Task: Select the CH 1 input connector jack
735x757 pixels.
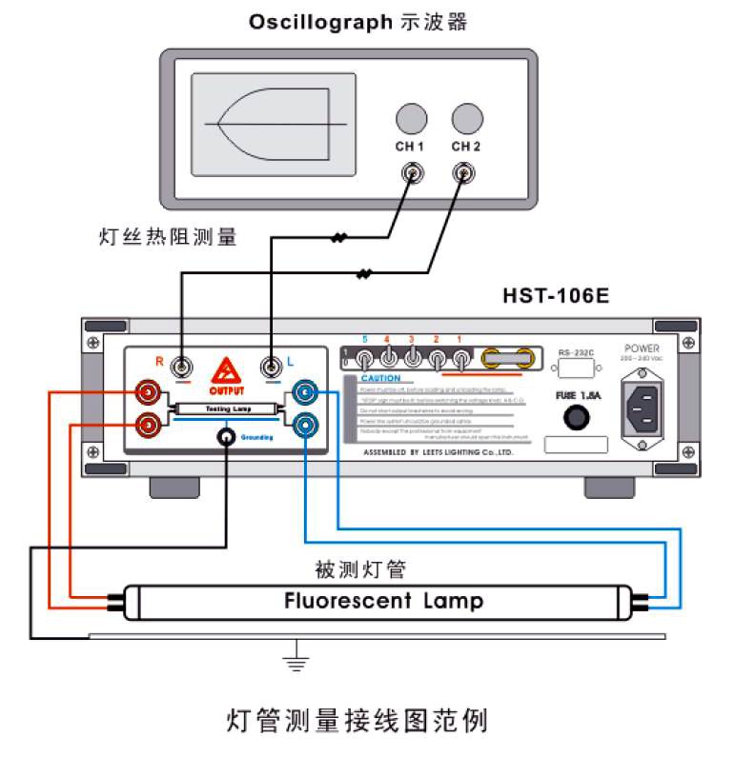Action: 412,173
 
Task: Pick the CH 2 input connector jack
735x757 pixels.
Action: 466,173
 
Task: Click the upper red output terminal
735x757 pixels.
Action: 148,390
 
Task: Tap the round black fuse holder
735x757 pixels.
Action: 576,417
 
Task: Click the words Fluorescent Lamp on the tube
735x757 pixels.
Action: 383,601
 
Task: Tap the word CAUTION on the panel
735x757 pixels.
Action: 380,378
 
